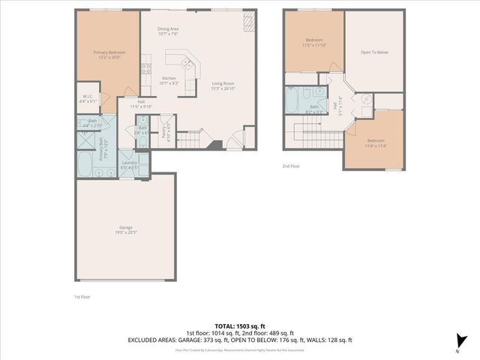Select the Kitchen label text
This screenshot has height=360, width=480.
[169, 80]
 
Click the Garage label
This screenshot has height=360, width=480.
[126, 230]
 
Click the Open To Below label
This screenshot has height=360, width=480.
[374, 53]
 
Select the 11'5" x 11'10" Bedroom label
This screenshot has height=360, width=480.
[313, 43]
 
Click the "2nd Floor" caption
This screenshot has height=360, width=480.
[291, 166]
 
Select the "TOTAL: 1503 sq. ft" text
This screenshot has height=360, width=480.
[239, 326]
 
